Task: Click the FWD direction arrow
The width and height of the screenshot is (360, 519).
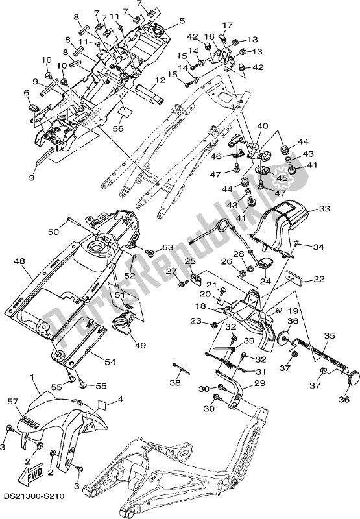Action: (x=30, y=472)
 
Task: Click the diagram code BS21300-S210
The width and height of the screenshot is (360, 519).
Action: (x=34, y=496)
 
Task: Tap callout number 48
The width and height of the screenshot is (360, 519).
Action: (x=19, y=261)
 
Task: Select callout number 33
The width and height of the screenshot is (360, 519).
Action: (x=324, y=209)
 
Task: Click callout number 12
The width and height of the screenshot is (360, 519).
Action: (x=160, y=80)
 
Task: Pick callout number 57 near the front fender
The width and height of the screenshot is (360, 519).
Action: (x=14, y=402)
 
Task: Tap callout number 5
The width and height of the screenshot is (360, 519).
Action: (x=182, y=21)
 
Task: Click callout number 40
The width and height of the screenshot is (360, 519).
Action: (x=263, y=126)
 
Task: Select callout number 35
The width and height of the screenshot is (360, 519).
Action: (x=330, y=335)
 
